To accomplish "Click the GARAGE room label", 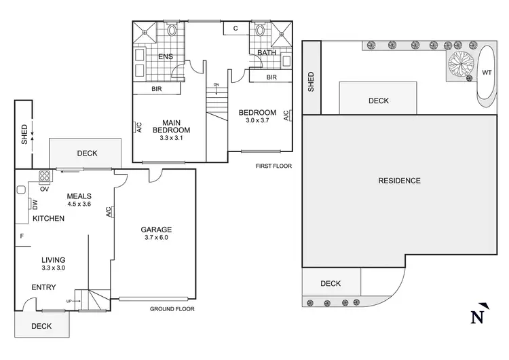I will pyautogui.click(x=156, y=230).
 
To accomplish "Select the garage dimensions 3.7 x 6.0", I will pyautogui.click(x=156, y=238).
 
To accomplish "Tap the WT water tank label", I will pyautogui.click(x=487, y=72).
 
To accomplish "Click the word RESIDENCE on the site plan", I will pyautogui.click(x=400, y=181).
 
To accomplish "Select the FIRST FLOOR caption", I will pyautogui.click(x=274, y=166).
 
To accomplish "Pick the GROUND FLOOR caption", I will pyautogui.click(x=172, y=309).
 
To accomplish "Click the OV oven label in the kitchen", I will pyautogui.click(x=45, y=190).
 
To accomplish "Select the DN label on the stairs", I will pyautogui.click(x=216, y=85).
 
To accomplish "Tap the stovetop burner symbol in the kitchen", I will pyautogui.click(x=45, y=177).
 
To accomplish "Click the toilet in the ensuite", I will pyautogui.click(x=170, y=31).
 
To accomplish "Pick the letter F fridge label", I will pyautogui.click(x=22, y=236).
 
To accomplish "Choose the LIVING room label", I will pyautogui.click(x=53, y=260).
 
